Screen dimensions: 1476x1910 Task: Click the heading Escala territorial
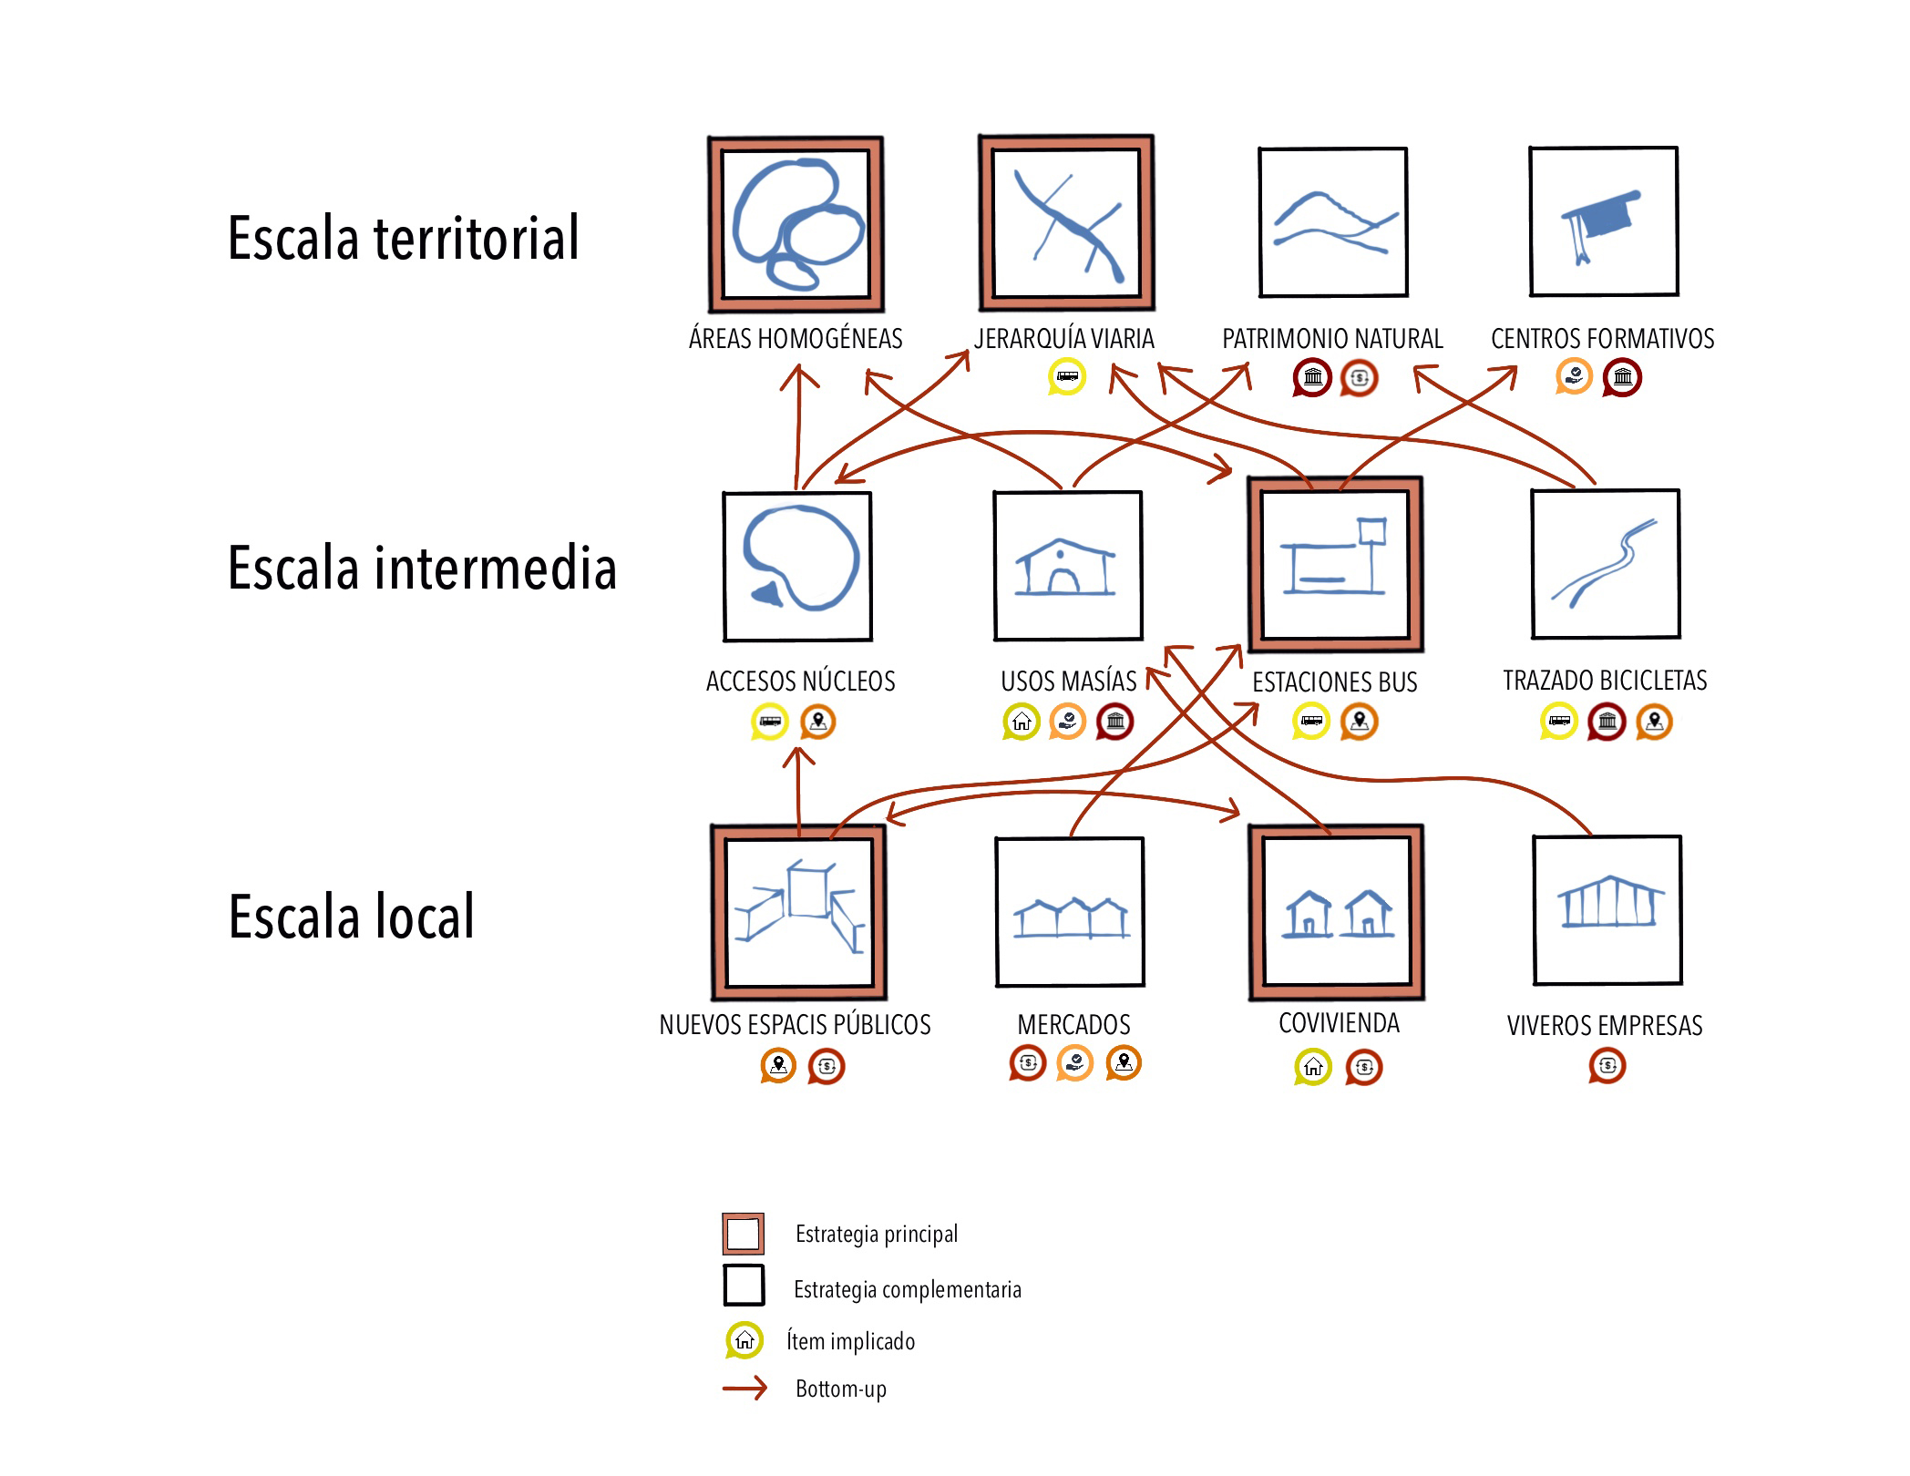coord(403,238)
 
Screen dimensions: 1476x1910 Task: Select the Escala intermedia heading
coord(422,568)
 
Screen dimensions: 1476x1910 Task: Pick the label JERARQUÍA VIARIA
coord(1063,339)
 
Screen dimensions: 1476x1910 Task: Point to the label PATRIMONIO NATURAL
coord(1332,339)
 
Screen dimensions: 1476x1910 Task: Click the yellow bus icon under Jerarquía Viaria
coord(1067,376)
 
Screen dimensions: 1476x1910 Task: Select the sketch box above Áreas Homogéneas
coord(796,224)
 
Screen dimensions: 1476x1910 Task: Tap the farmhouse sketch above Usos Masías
coord(1067,567)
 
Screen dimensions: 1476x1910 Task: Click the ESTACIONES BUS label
coord(1334,682)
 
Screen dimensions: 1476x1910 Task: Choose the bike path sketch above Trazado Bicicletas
coord(1606,565)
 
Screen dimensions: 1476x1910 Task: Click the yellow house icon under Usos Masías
coord(1021,723)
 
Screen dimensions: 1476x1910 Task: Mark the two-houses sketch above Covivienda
coord(1337,913)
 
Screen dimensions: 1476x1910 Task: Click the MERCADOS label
coord(1073,1025)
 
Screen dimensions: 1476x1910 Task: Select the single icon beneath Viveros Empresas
coord(1607,1065)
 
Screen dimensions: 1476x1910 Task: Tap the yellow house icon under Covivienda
coord(1312,1067)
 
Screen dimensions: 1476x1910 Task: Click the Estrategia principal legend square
coord(743,1235)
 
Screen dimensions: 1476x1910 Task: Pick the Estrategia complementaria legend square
coord(744,1286)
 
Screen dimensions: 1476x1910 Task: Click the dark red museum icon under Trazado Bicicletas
coord(1607,723)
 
